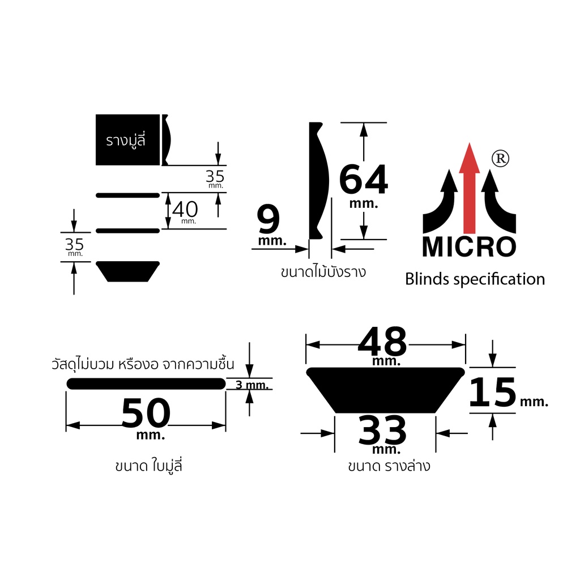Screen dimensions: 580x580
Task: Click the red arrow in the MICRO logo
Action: coord(469,189)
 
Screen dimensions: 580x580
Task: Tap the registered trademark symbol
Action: coord(500,159)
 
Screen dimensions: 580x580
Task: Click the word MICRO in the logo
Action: coord(469,247)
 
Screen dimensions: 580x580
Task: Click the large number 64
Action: coord(363,180)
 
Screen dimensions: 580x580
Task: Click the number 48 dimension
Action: coord(382,341)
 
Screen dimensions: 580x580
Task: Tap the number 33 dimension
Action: coord(382,430)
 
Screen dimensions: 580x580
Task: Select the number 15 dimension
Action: coord(492,392)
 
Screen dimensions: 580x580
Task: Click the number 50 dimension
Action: coord(146,413)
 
